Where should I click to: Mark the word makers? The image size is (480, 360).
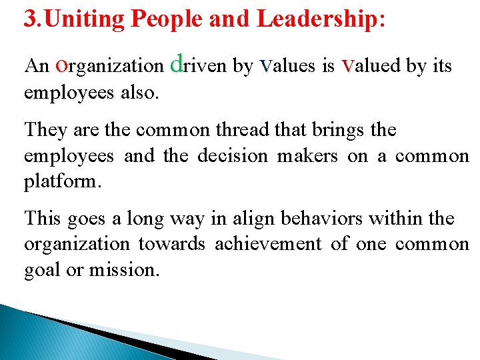(x=309, y=155)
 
